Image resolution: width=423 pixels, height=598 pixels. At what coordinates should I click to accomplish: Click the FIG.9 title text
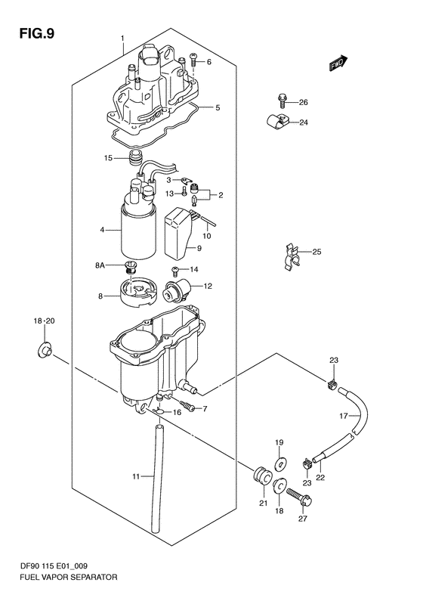(37, 33)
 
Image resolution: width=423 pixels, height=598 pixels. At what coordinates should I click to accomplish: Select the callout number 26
(304, 102)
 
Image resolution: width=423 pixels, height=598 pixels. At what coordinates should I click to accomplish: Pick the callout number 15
(108, 157)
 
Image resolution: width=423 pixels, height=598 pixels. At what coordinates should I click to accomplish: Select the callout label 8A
(100, 265)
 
